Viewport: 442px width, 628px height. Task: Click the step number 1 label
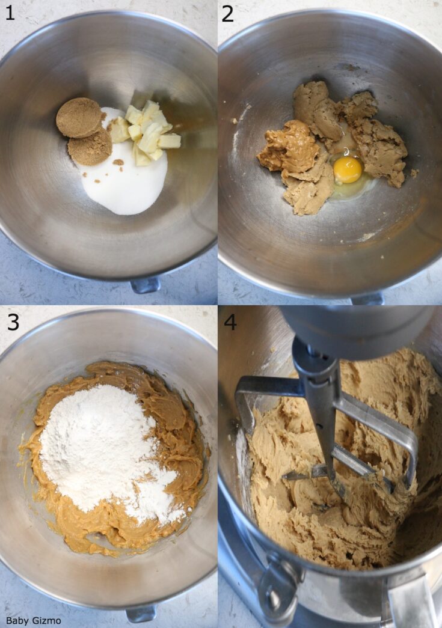click(10, 13)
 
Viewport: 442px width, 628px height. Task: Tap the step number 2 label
click(227, 13)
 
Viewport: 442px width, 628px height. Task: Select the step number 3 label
click(13, 322)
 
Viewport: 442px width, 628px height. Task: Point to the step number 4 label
click(230, 322)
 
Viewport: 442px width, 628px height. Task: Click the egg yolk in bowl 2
click(348, 170)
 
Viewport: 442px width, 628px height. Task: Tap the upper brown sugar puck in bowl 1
click(79, 117)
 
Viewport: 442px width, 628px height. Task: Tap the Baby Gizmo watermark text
click(33, 620)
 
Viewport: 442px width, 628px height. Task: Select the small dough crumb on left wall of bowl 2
click(235, 121)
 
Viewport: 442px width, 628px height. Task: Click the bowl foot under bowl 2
click(367, 298)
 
